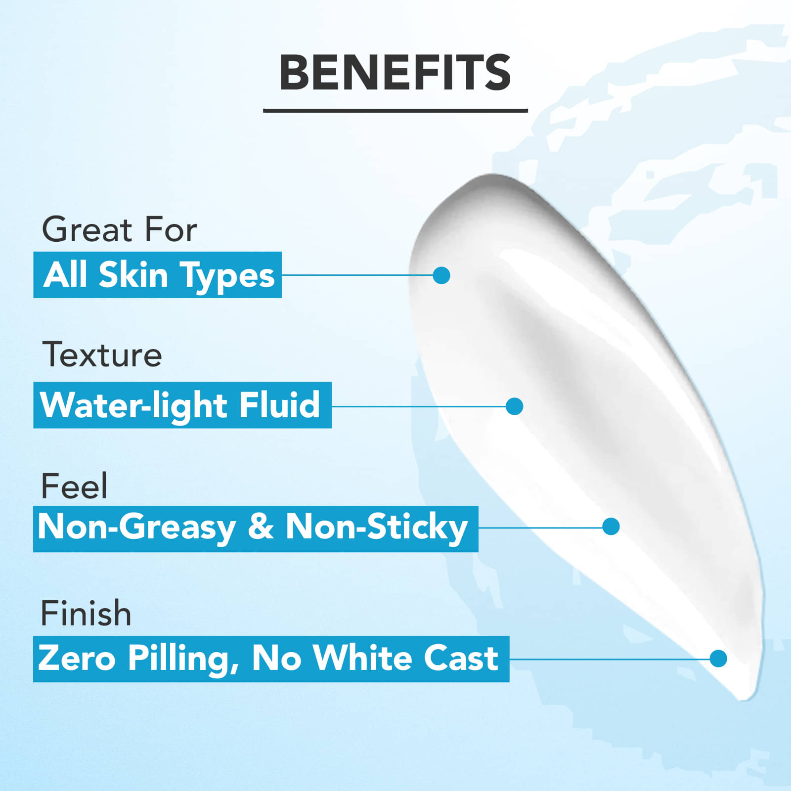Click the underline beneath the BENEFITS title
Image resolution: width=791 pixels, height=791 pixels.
coord(395,110)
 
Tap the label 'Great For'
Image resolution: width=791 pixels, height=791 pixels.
coord(119,229)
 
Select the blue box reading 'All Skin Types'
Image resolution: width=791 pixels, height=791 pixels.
coord(158,275)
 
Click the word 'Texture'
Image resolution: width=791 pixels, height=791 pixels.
coord(102,354)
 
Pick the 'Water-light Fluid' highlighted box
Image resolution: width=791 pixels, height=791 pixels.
coord(182,405)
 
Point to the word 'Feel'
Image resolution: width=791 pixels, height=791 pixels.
coord(74,485)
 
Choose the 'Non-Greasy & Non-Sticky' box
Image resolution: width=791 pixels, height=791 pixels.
coord(256,528)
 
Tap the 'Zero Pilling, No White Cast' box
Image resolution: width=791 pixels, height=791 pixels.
coord(271,659)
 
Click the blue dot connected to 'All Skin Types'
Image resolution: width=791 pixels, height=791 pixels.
coord(441,275)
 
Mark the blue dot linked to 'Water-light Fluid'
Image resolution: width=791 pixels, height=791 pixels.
coord(515,406)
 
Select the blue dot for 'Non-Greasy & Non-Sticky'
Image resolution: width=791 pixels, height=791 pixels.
coord(611,527)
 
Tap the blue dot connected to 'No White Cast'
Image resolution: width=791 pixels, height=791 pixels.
coord(718,659)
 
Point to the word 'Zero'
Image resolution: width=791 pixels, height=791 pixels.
coord(77,658)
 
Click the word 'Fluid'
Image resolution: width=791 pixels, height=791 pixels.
coord(279,404)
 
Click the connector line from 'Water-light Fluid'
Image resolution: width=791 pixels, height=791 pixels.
coord(419,406)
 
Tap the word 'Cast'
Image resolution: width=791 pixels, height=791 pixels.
coord(461,658)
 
